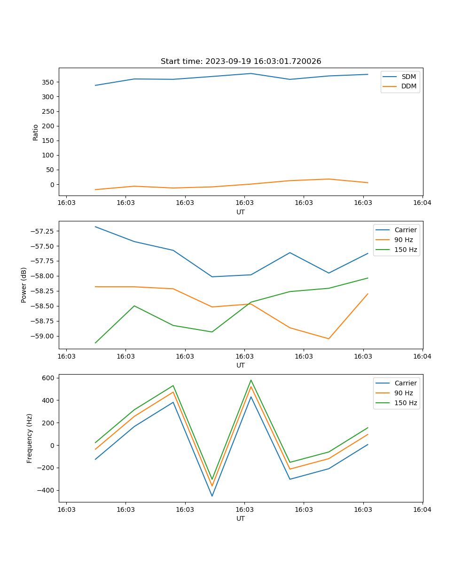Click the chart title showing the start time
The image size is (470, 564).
click(241, 62)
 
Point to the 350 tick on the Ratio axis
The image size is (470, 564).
click(48, 82)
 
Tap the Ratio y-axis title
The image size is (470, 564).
click(36, 133)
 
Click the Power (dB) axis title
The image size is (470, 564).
click(24, 285)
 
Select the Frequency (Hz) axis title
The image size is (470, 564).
click(30, 438)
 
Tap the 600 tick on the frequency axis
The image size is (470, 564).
click(48, 378)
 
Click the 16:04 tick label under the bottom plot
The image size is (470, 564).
click(422, 509)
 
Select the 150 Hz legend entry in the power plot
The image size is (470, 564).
click(406, 250)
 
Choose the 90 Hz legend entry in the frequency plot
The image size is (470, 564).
click(403, 393)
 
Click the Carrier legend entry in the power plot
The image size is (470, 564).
click(406, 230)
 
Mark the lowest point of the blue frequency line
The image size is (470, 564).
click(212, 496)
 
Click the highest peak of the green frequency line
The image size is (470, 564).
click(251, 380)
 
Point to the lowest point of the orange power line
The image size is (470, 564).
click(329, 338)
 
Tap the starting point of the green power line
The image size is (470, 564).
click(95, 343)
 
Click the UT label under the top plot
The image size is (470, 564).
click(241, 212)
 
